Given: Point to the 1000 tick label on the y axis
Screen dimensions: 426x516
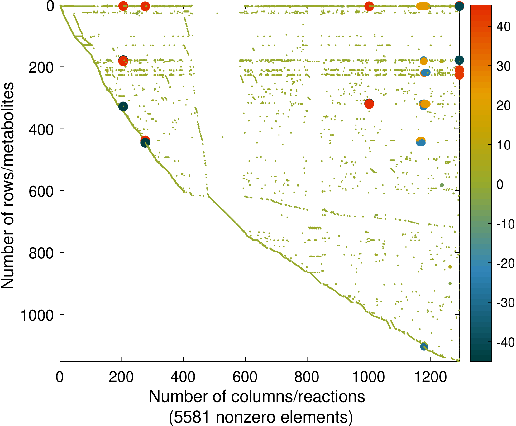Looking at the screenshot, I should [37, 316].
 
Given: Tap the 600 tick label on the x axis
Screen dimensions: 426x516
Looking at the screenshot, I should [245, 377].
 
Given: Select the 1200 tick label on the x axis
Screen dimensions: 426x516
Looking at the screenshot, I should [430, 377].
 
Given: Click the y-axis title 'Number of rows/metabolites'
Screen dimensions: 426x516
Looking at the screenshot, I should [7, 185].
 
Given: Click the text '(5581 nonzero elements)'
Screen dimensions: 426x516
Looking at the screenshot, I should [261, 417].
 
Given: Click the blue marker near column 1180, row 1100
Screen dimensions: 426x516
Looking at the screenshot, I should [424, 346].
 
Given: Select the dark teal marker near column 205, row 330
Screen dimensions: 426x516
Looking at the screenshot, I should [123, 106].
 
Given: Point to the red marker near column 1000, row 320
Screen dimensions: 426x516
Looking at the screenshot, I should [369, 104].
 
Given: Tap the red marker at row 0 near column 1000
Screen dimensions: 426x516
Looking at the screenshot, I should [369, 6].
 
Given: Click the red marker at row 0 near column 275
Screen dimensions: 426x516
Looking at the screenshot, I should [145, 6].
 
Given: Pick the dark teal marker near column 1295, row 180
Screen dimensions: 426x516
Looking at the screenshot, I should [459, 60].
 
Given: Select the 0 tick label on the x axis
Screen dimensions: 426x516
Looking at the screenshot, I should [60, 377].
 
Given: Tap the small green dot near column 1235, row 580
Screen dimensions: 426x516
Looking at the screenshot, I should [442, 185].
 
